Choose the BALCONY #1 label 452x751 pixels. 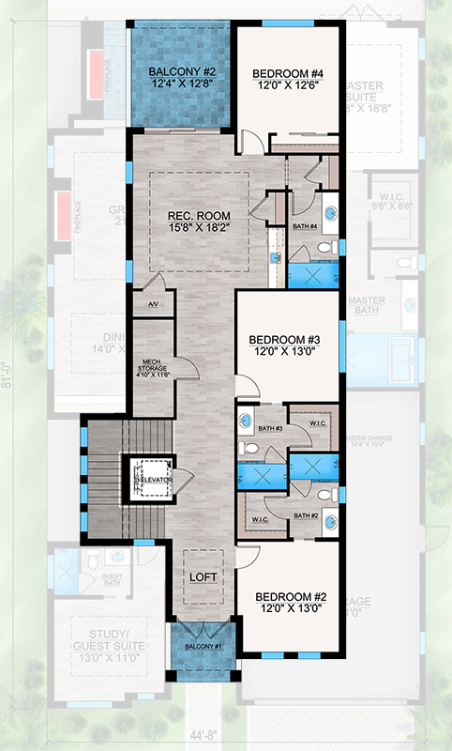[x=202, y=647]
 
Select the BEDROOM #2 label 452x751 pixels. [x=285, y=600]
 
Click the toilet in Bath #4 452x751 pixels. [x=324, y=248]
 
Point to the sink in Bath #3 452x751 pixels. [x=246, y=420]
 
